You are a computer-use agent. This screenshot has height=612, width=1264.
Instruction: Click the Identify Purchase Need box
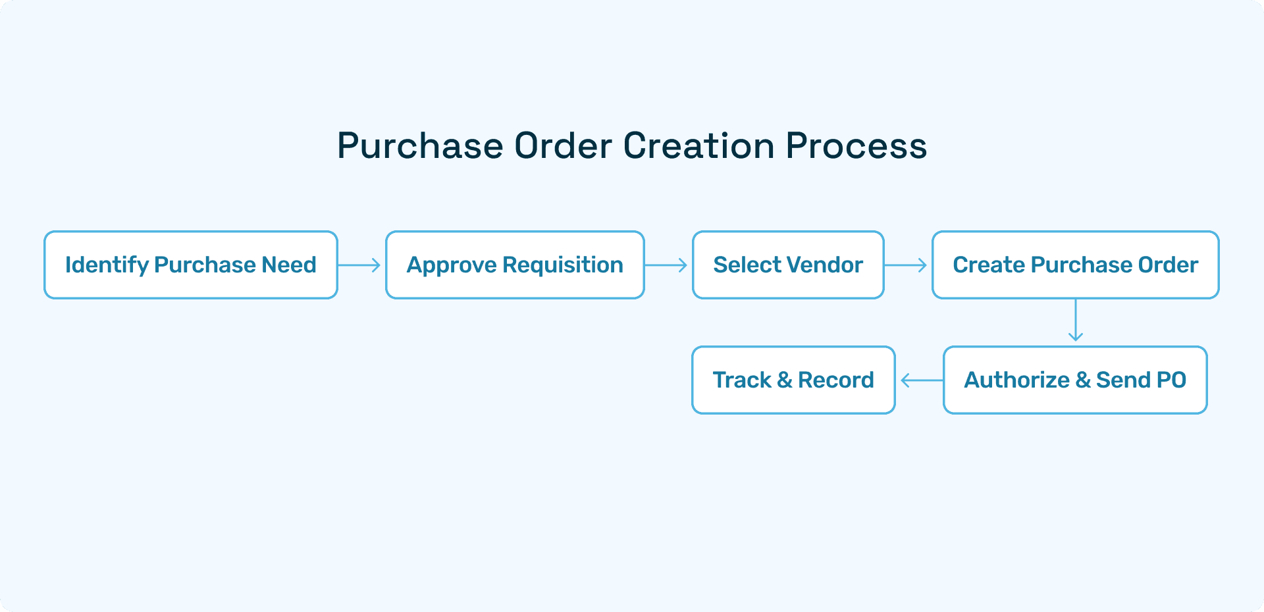pos(191,265)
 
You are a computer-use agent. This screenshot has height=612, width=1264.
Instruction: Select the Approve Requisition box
pos(515,265)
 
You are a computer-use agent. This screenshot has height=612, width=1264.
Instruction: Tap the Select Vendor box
pos(788,265)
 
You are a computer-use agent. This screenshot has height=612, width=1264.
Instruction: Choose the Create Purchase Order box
pos(1075,265)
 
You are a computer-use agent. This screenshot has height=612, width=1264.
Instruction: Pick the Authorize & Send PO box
pos(1075,380)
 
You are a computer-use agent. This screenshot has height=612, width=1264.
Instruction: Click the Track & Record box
pos(793,380)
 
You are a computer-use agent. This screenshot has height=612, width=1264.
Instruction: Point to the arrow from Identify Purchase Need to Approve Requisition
pos(359,265)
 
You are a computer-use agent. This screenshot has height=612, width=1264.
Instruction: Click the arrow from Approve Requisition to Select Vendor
pos(666,265)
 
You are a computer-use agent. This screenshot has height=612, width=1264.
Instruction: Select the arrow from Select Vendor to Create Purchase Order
pos(906,265)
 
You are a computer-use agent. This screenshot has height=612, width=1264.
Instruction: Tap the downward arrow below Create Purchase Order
pos(1076,320)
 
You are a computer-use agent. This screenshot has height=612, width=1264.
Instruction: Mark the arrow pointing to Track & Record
pos(921,380)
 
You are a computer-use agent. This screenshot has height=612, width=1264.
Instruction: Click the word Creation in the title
pos(698,145)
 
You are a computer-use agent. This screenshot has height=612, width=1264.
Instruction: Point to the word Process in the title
pos(856,145)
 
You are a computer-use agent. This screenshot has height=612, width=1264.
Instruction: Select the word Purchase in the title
pos(420,145)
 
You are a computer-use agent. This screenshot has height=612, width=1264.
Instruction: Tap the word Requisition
pos(562,265)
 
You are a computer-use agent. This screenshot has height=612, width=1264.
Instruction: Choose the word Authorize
pos(1016,380)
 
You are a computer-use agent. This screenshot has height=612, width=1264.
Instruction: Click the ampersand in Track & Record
pos(784,380)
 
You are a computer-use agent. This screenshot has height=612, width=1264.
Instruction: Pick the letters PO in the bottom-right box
pos(1171,380)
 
